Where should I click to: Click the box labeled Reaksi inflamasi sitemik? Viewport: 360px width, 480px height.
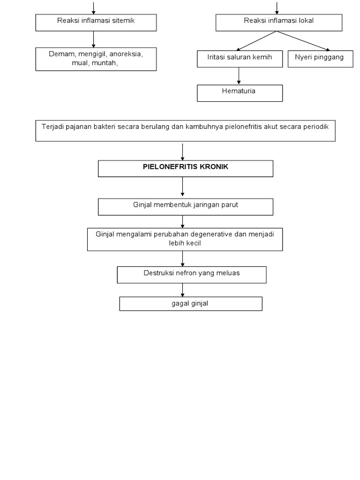point(96,22)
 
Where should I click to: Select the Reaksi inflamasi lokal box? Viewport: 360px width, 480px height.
point(278,22)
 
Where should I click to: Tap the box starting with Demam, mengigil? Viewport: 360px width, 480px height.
point(96,59)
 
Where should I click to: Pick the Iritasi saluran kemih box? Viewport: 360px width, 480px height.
point(239,59)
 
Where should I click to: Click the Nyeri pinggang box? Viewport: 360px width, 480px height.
point(320,59)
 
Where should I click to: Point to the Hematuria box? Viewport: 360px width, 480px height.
point(240,93)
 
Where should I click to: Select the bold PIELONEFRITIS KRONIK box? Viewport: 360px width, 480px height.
point(185,168)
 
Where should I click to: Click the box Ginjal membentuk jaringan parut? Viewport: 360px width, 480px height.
point(185,206)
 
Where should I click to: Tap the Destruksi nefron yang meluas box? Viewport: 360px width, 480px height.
point(191,275)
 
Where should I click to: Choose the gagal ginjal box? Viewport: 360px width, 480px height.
point(190,304)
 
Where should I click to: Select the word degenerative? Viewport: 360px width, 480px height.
point(209,234)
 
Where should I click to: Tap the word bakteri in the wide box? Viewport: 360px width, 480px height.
point(106,127)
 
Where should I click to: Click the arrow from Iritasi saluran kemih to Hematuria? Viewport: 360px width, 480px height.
point(239,76)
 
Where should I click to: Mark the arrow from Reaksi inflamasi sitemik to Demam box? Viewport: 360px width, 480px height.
point(94,39)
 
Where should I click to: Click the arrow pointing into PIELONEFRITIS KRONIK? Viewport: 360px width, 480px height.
point(182,151)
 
